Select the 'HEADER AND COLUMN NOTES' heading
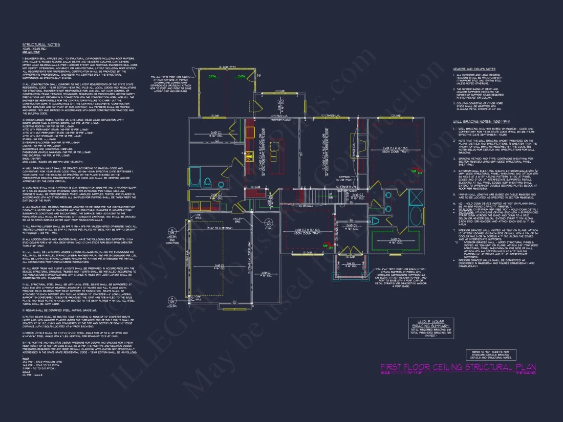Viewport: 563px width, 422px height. point(474,69)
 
